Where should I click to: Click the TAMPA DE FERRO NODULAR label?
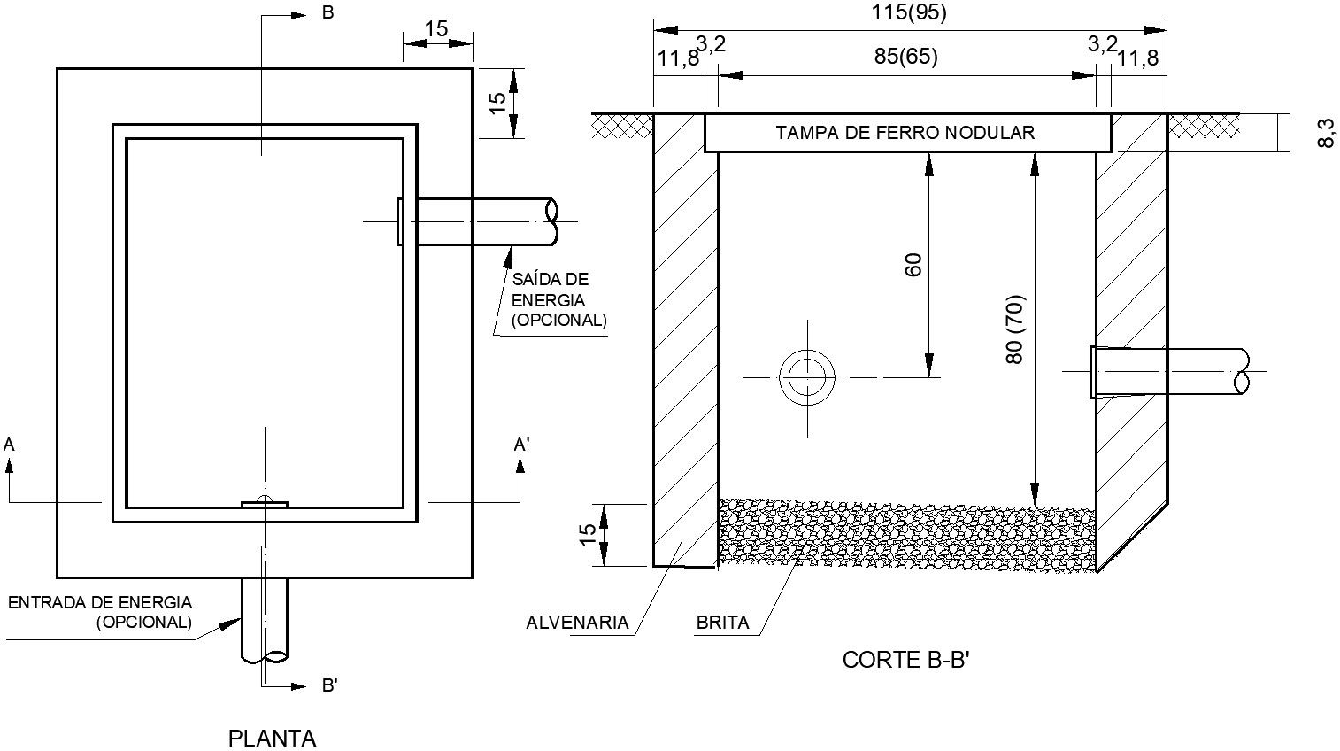[905, 133]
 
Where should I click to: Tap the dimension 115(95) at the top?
[908, 12]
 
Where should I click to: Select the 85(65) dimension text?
[905, 57]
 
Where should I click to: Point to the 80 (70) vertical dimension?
[1014, 329]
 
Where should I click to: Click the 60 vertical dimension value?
[913, 264]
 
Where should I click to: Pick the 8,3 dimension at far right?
[1325, 133]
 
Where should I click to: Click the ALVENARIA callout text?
[577, 622]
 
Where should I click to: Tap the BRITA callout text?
[722, 622]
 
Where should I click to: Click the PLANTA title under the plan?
[272, 738]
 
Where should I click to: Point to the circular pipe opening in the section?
[807, 378]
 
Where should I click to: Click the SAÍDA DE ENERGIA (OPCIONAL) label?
[558, 299]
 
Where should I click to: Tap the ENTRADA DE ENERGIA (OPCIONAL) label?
[100, 612]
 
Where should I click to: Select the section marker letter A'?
[522, 445]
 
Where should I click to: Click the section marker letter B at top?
[327, 14]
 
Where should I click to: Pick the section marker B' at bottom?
[328, 685]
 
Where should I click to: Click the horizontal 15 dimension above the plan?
[436, 28]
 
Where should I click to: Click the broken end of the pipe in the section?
[1241, 370]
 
